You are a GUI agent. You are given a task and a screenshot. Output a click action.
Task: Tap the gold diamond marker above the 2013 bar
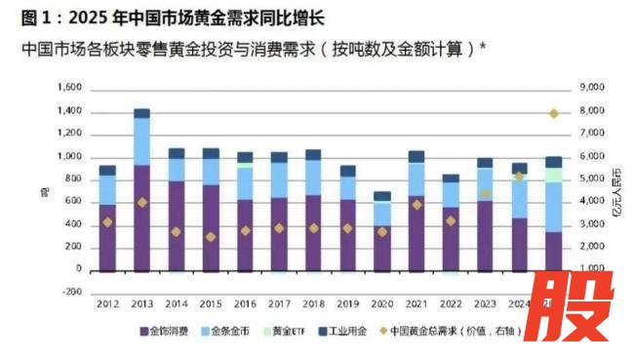coord(142,202)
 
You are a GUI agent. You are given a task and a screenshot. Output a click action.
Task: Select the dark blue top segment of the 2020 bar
coord(383,196)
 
